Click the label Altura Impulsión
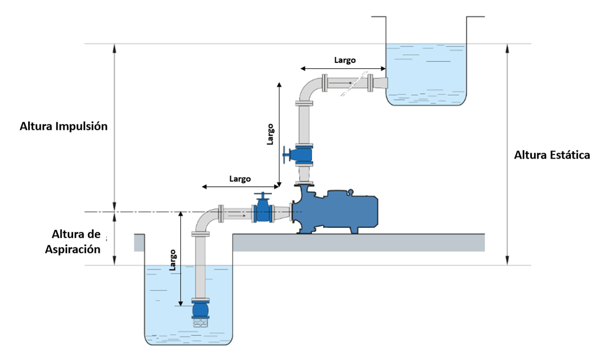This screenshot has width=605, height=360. click(64, 127)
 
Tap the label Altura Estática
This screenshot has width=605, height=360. click(551, 155)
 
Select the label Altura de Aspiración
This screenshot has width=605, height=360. click(76, 241)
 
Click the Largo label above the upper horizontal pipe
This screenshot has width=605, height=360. click(344, 60)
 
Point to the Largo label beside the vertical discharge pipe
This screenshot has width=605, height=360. click(270, 134)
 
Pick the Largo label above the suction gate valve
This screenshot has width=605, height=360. click(240, 178)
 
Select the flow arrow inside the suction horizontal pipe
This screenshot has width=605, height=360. click(237, 214)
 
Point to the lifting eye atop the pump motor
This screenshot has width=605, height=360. click(350, 191)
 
